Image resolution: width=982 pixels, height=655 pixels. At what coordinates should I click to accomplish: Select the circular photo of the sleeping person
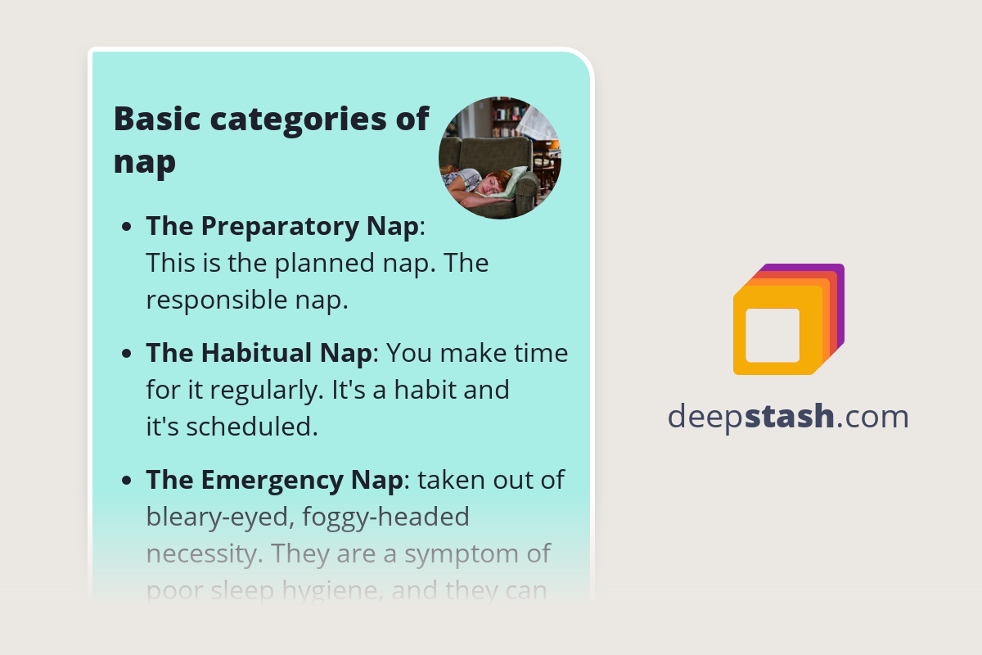(500, 158)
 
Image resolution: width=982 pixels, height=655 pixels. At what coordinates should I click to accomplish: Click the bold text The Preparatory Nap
(282, 227)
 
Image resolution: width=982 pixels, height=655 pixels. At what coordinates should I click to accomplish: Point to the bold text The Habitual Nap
(259, 354)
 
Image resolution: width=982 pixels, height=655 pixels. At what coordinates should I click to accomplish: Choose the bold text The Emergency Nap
(273, 480)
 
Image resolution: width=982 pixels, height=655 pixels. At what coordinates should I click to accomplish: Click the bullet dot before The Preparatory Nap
(127, 228)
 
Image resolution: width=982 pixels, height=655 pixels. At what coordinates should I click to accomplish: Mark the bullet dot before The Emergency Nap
(127, 481)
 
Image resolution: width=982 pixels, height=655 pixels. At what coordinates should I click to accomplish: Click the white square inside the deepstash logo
(773, 335)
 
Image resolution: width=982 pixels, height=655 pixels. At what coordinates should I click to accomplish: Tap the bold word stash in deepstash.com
(792, 417)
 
